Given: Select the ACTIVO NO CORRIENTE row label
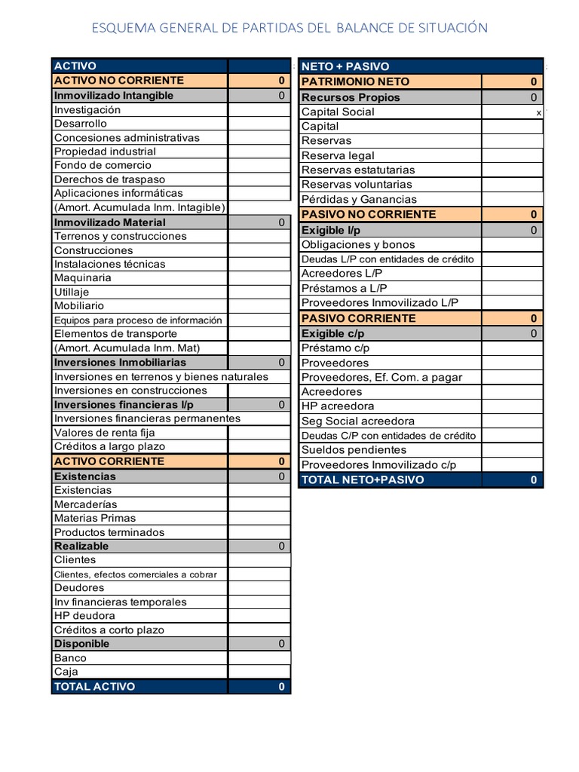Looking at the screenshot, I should [119, 80].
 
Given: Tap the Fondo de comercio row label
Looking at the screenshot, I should [103, 165].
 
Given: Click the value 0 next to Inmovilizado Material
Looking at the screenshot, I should [281, 222].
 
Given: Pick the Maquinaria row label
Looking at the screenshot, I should [83, 277].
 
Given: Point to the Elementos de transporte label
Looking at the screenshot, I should [115, 333].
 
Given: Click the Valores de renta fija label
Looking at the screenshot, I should [105, 433].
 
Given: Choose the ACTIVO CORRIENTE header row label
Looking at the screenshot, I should [109, 461].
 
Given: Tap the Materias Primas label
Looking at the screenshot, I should [95, 518].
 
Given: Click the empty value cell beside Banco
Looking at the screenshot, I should [259, 658].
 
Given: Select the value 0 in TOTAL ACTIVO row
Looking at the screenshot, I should [281, 687].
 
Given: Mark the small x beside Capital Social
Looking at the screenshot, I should [538, 112].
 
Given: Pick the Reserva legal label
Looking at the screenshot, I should [338, 155].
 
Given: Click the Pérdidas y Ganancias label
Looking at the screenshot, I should [359, 199].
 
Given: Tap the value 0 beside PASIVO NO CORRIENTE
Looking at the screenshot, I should [534, 214].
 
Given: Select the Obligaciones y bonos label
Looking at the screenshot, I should [358, 244].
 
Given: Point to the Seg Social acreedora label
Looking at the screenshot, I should [358, 421].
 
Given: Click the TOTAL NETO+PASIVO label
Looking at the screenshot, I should [363, 479].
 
